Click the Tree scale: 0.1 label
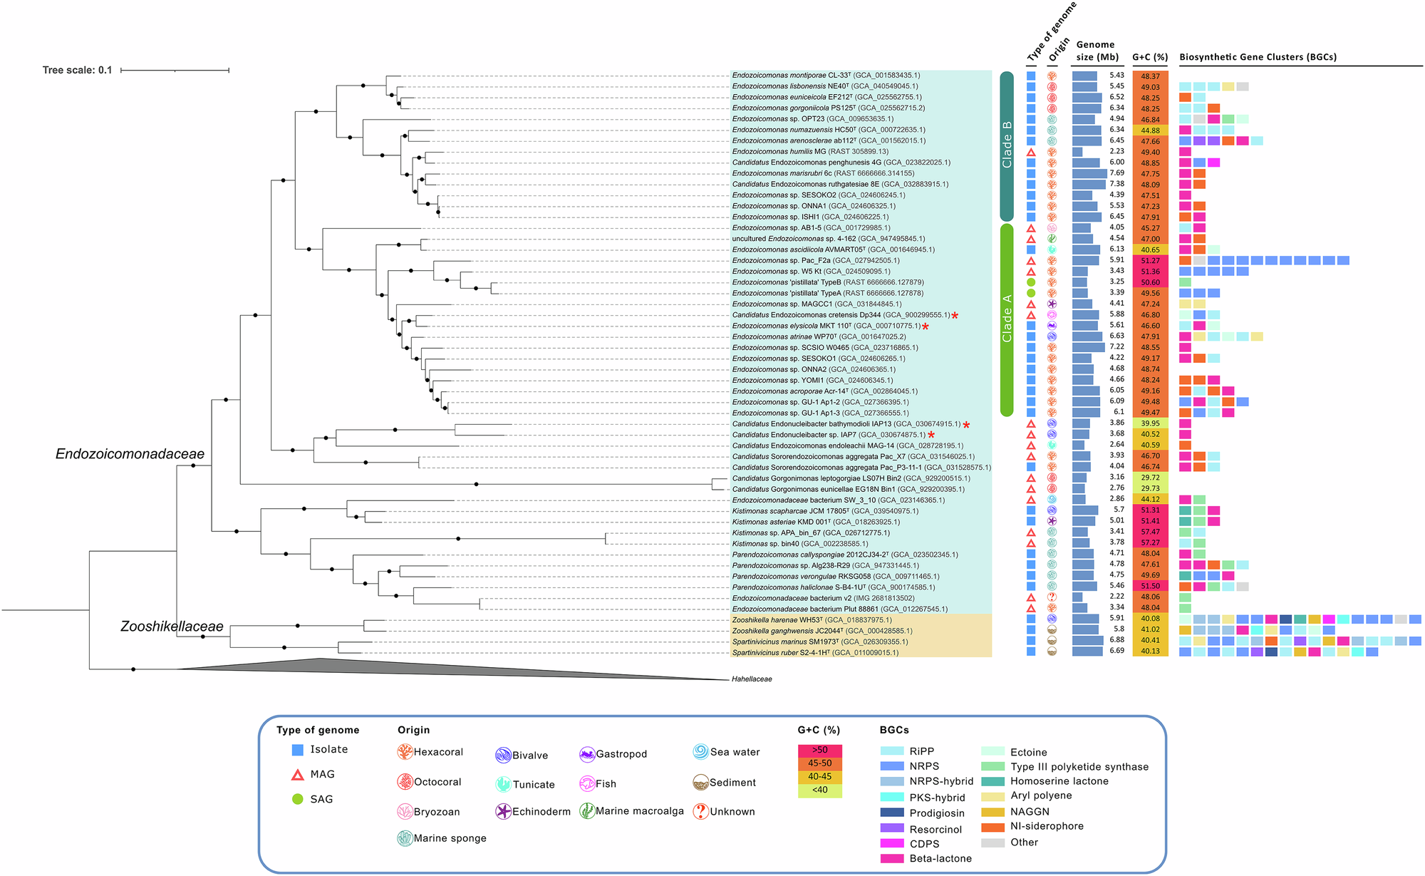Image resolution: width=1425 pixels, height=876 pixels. tap(77, 70)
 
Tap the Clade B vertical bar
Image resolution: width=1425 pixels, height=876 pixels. tap(1006, 145)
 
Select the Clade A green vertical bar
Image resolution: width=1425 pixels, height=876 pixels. tap(1006, 319)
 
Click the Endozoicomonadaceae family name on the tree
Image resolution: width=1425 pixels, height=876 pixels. tap(130, 454)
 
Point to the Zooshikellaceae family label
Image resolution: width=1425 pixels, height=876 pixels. tap(172, 627)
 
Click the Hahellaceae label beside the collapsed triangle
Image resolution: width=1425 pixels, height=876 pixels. tap(752, 679)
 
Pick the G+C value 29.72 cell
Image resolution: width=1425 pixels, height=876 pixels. tap(1150, 478)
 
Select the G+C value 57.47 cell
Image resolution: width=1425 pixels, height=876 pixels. tap(1150, 532)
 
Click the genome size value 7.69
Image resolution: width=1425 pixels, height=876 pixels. tap(1116, 172)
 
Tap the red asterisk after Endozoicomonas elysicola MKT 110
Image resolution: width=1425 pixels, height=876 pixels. tap(926, 326)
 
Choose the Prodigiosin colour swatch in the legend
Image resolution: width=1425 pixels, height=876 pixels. tap(892, 813)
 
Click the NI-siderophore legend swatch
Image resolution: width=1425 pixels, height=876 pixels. tap(993, 827)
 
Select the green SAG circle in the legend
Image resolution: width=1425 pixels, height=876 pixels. tap(298, 799)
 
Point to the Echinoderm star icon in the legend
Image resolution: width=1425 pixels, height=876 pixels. tap(503, 811)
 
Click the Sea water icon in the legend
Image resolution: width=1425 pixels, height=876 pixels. tap(700, 752)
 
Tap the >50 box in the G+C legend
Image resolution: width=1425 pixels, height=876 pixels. tap(819, 750)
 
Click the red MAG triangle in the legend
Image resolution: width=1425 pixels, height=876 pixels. tap(298, 774)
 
